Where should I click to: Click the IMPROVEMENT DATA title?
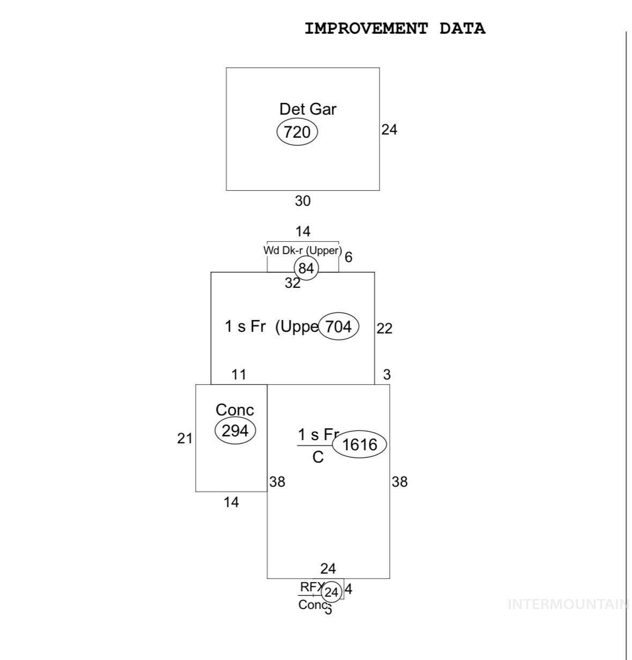(395, 28)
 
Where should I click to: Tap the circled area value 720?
(297, 132)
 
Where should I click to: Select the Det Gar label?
(308, 109)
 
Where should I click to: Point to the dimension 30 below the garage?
(302, 201)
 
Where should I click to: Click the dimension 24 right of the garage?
(389, 129)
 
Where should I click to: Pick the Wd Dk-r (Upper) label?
(302, 250)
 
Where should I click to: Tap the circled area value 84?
(306, 268)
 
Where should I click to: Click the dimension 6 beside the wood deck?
(348, 257)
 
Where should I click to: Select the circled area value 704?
(338, 326)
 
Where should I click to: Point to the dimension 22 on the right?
(384, 328)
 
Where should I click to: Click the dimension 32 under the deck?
(292, 283)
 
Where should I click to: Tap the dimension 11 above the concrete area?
(239, 375)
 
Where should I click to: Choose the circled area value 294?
(235, 431)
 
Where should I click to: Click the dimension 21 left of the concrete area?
(184, 439)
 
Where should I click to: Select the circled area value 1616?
(359, 444)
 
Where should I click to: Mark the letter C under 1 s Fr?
(318, 457)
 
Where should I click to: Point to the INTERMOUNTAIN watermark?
(568, 605)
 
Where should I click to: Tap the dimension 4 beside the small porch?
(348, 590)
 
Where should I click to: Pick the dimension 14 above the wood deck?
(302, 232)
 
